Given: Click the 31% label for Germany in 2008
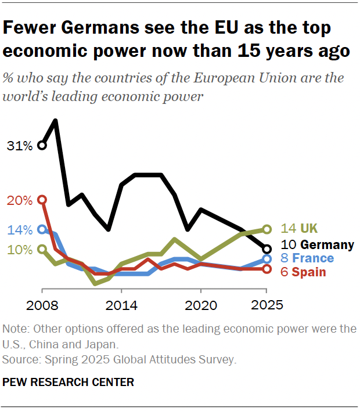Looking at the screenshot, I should tap(19, 146).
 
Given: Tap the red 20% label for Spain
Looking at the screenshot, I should tap(19, 201).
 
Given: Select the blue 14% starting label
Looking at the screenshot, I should tap(19, 230).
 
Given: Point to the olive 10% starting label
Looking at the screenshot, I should tap(19, 250).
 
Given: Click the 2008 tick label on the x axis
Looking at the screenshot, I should tap(42, 304).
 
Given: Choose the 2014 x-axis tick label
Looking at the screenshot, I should tap(121, 304).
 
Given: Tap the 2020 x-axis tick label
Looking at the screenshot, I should tap(201, 304).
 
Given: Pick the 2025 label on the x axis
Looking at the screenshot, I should tap(267, 304).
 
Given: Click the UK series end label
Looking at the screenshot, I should tap(300, 229).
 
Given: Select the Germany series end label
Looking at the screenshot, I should tap(317, 244).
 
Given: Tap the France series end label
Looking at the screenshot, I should tap(307, 258).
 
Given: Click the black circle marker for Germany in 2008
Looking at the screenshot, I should tap(42, 145).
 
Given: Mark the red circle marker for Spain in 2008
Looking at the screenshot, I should tap(42, 200).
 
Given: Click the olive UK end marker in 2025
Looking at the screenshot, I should tap(267, 229).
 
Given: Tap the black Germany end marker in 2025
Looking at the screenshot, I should tap(267, 249).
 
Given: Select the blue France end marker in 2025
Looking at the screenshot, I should tap(267, 259).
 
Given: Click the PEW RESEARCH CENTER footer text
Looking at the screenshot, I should tap(68, 382).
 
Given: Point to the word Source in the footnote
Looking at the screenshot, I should tap(18, 360).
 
